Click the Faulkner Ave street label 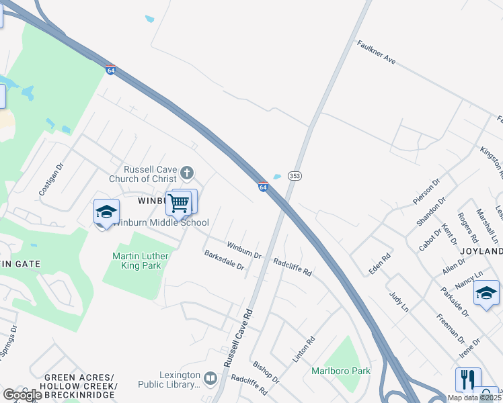tap(376, 51)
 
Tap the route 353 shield tap(295, 175)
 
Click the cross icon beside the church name tap(188, 174)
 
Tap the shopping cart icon tap(179, 202)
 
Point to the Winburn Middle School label tap(161, 222)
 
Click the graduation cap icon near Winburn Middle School tap(106, 212)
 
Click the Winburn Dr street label tap(243, 251)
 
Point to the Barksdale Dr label tap(224, 260)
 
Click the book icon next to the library tap(210, 379)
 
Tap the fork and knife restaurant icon tap(468, 379)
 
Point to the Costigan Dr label tap(50, 179)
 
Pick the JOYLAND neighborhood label tap(481, 251)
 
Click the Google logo tap(22, 395)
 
